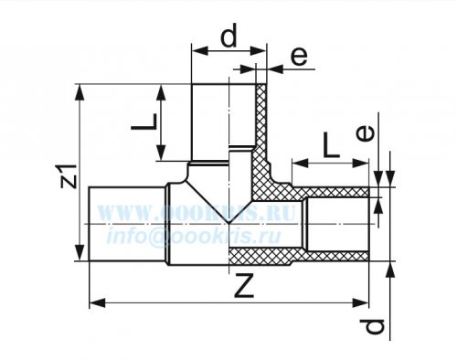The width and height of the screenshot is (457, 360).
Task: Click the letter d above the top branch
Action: (228, 36)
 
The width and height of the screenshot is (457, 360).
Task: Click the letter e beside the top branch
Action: (299, 57)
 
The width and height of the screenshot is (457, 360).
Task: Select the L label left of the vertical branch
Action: (144, 122)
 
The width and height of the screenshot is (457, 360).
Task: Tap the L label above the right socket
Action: (331, 145)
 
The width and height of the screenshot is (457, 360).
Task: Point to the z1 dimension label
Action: (69, 176)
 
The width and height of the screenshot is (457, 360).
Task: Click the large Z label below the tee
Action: (244, 285)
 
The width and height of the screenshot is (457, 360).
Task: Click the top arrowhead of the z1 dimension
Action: (80, 92)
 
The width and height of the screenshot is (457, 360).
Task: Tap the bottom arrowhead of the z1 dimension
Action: (80, 253)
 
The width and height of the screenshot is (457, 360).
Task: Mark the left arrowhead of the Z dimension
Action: (98, 303)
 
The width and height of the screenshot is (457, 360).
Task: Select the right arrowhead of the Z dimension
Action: (360, 303)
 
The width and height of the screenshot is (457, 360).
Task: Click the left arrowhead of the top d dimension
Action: (199, 51)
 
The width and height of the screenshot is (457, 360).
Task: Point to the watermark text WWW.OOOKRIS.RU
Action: (197, 212)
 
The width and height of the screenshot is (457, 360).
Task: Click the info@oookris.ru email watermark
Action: (193, 236)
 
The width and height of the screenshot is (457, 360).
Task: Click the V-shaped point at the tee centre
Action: (228, 223)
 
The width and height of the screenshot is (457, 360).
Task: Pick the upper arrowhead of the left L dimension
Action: (161, 92)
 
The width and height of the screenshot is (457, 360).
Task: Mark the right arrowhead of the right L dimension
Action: (360, 164)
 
